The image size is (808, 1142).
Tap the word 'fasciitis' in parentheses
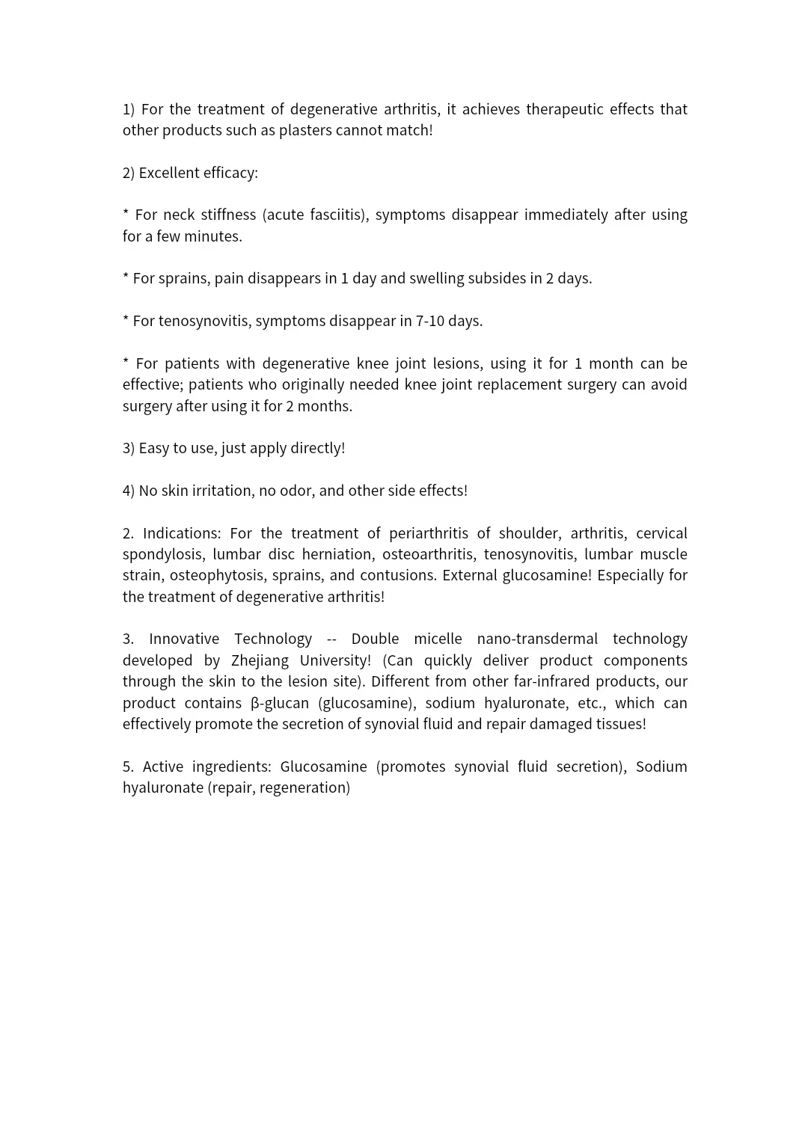point(336,215)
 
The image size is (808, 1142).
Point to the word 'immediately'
point(566,215)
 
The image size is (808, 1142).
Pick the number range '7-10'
point(430,321)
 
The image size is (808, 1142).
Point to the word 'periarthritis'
point(429,533)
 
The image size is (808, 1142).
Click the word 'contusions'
point(397,575)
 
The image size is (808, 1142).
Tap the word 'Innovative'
point(183,639)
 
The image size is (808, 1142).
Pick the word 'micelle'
point(438,639)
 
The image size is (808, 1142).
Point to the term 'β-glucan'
point(279,703)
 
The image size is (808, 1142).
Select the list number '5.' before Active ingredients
point(128,767)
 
